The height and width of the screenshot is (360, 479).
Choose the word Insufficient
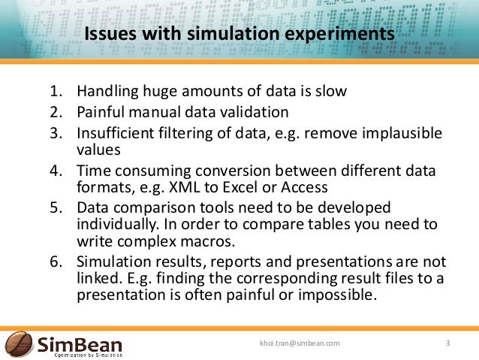(120, 134)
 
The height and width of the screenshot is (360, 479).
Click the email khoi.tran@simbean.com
(299, 343)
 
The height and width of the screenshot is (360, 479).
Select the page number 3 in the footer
(448, 343)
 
